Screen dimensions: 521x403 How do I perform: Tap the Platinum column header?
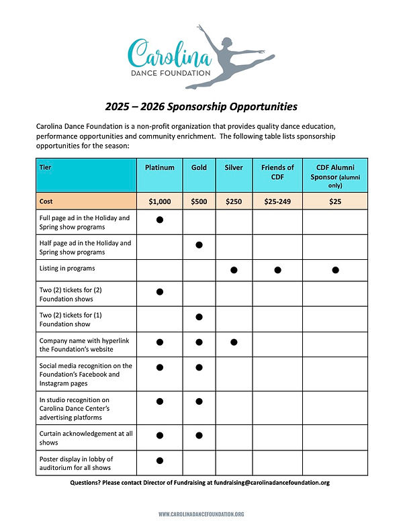click(160, 167)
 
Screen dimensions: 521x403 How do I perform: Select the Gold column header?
click(199, 167)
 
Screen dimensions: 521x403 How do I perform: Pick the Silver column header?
click(234, 167)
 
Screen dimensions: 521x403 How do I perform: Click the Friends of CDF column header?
click(277, 172)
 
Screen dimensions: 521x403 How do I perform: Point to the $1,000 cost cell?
click(160, 201)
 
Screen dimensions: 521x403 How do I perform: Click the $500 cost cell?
click(199, 201)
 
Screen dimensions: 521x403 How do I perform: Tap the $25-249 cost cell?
click(277, 201)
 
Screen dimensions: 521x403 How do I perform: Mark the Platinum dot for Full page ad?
click(160, 220)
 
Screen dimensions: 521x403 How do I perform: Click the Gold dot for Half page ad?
click(199, 244)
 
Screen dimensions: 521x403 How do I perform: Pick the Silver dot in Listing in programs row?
click(234, 270)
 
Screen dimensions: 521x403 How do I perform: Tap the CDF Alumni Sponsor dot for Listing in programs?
click(335, 270)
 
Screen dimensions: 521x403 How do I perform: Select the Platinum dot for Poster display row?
click(160, 460)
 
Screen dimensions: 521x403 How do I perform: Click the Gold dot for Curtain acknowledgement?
click(199, 435)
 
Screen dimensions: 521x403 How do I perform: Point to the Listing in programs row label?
click(67, 269)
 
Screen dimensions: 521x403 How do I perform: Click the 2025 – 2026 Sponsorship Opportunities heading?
click(201, 106)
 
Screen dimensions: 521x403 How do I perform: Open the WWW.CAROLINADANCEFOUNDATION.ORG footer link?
click(201, 514)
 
